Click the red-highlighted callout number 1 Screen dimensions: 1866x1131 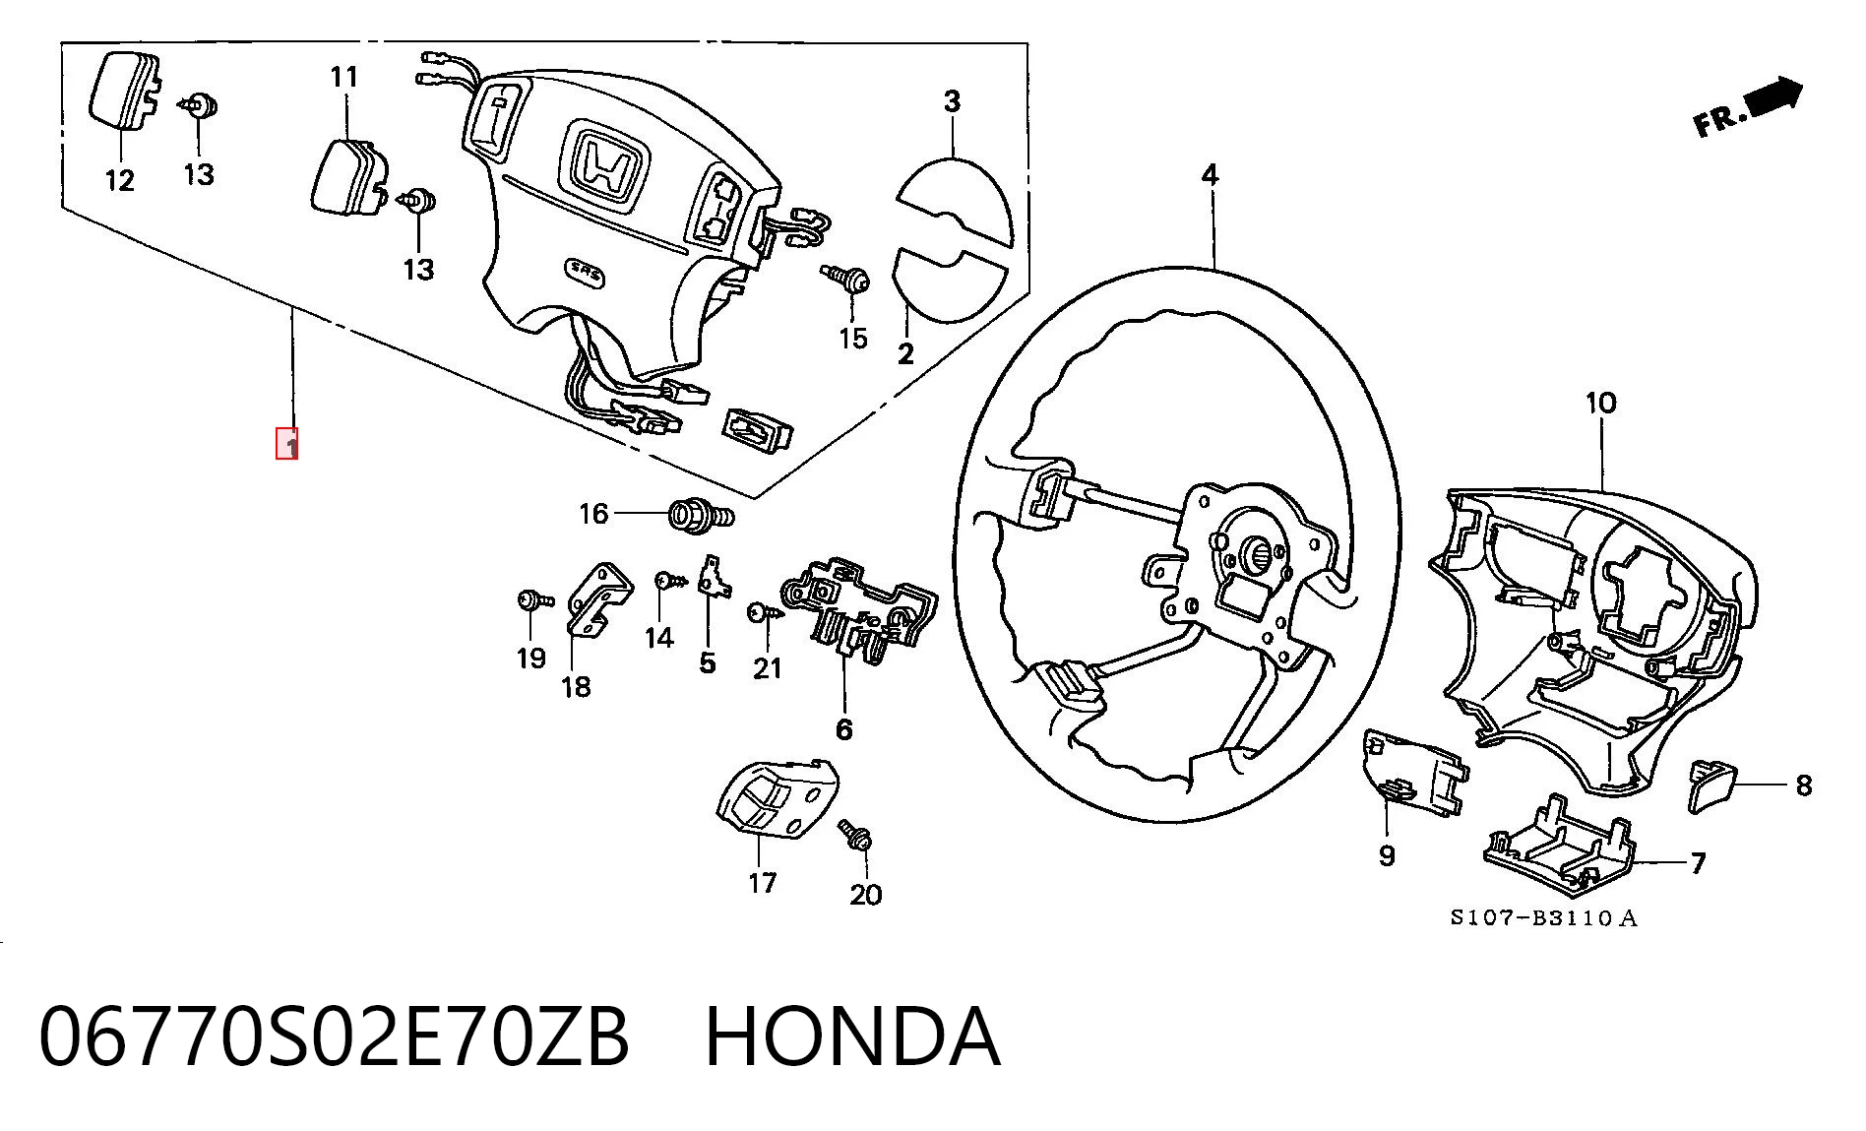(286, 444)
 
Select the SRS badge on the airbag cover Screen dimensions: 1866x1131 (585, 274)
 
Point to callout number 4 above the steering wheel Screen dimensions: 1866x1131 (1210, 175)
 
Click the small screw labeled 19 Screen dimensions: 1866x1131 (533, 600)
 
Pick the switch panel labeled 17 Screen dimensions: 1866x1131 (776, 799)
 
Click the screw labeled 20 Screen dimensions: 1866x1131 (856, 835)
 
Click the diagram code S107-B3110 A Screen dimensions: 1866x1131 (1543, 918)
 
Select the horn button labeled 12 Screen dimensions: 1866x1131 (124, 92)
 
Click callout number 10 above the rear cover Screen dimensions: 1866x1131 (1601, 403)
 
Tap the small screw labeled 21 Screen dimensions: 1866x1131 (763, 613)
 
